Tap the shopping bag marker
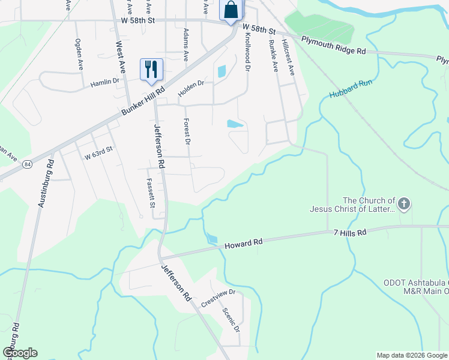231,10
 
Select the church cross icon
404,205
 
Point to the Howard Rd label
244,244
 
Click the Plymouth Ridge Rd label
333,46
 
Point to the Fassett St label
151,193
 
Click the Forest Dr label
187,131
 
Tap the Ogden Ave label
79,55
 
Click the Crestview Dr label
218,299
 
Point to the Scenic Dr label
231,320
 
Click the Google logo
19,353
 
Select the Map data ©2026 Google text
412,355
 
